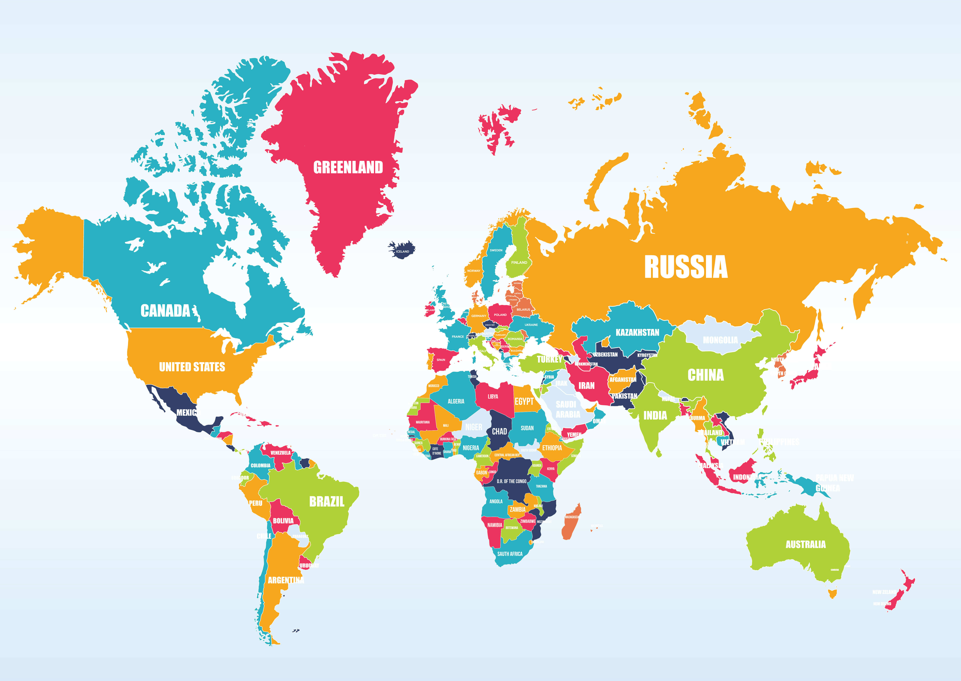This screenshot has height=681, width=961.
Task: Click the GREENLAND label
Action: (x=348, y=167)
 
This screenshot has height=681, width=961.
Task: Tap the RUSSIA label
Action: (x=686, y=267)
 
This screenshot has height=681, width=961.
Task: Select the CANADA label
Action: (x=165, y=311)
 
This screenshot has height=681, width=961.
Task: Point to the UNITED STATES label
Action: (x=192, y=367)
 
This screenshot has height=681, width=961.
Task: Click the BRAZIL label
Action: (x=326, y=502)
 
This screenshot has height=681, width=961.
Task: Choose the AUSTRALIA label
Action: (x=805, y=544)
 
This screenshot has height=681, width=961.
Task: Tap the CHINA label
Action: (x=705, y=375)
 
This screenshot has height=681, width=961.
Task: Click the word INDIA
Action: (x=655, y=415)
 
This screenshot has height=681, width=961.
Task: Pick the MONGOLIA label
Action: (x=720, y=340)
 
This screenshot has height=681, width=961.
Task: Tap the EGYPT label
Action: (x=524, y=401)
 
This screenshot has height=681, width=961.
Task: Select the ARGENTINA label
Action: (x=286, y=580)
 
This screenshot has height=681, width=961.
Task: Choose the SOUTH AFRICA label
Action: (x=510, y=553)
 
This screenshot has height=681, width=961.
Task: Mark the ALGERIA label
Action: (x=456, y=401)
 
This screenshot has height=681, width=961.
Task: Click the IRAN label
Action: (x=586, y=385)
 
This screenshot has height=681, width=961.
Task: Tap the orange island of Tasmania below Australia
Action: (x=832, y=593)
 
